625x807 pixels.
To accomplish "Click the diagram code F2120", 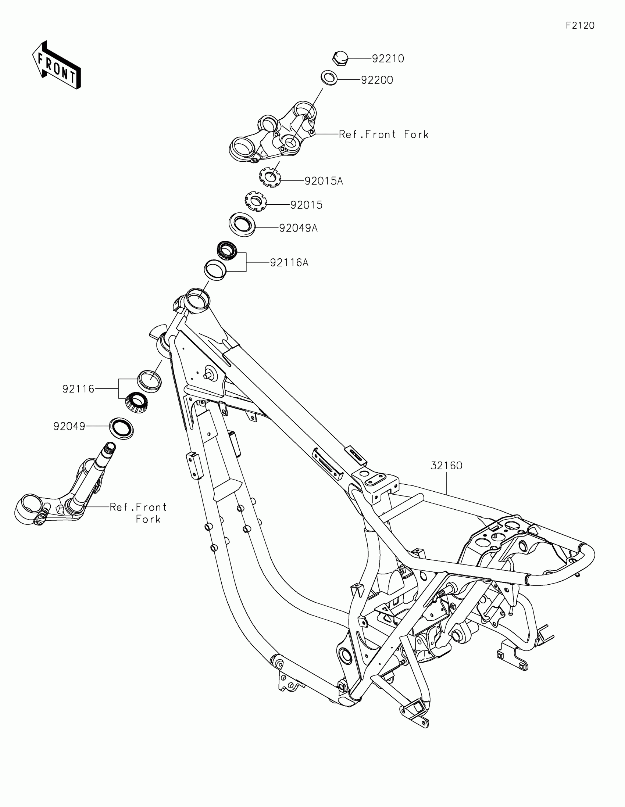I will [x=580, y=25].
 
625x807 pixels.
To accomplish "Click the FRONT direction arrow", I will [x=57, y=65].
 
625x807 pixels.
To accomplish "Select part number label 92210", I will [x=388, y=59].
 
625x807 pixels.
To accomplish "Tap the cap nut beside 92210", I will [x=340, y=58].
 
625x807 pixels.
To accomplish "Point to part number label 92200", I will [x=377, y=80].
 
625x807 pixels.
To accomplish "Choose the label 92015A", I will [x=324, y=181].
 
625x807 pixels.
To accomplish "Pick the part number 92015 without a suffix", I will [x=306, y=205].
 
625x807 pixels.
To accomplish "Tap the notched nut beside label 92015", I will [x=256, y=201].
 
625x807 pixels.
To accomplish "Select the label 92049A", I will [x=298, y=228].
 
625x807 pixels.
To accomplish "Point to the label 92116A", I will [x=289, y=263].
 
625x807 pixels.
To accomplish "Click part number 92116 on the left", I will [x=78, y=389].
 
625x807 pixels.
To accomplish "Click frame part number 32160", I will [x=446, y=466].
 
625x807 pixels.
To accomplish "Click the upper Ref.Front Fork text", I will [x=383, y=134].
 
